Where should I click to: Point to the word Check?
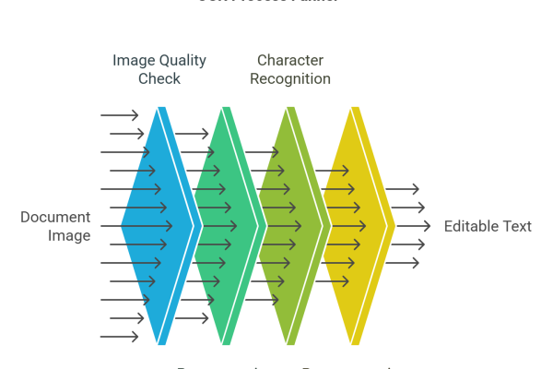pos(159,79)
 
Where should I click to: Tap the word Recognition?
pos(293,79)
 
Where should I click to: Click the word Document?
pos(55,218)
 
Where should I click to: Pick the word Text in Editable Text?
pos(517,226)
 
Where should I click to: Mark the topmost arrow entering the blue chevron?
pos(120,115)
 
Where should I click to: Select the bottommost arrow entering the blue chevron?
pos(120,337)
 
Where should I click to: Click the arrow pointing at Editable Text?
pos(415,226)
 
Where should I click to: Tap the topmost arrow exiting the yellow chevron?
pos(403,189)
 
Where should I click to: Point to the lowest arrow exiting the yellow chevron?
pos(403,263)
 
